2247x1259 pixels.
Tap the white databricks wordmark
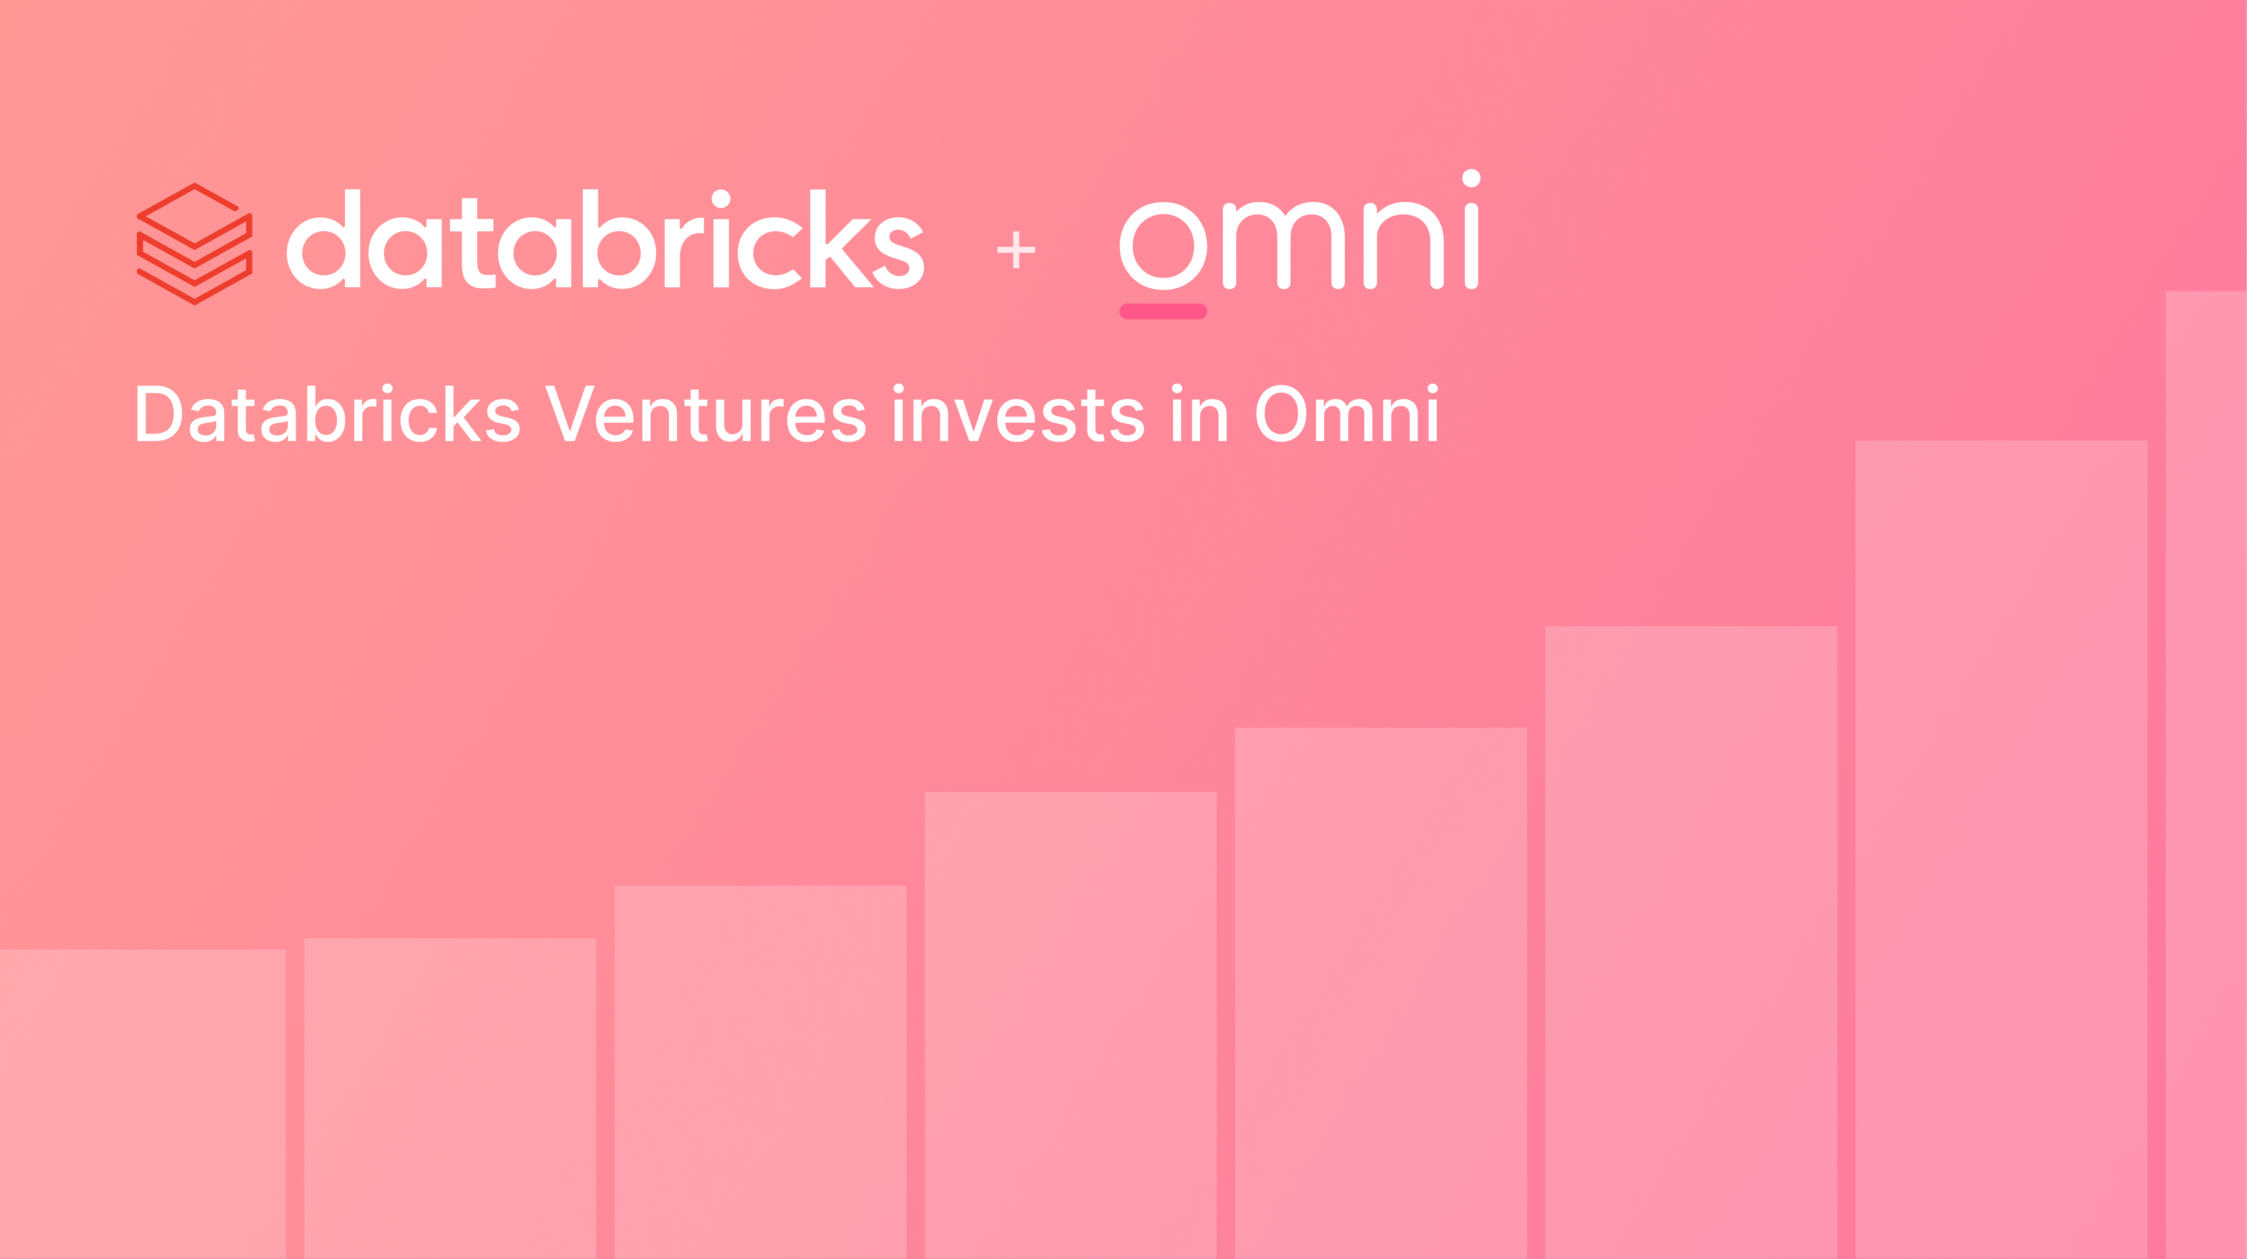pyautogui.click(x=606, y=241)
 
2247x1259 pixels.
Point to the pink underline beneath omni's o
pyautogui.click(x=1163, y=311)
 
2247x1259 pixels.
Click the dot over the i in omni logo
pyautogui.click(x=1471, y=178)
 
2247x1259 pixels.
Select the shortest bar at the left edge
pyautogui.click(x=142, y=1104)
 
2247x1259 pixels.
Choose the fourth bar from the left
pyautogui.click(x=1071, y=1025)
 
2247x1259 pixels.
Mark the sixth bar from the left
pyautogui.click(x=1690, y=942)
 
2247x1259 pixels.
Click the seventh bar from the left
pyautogui.click(x=2001, y=850)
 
